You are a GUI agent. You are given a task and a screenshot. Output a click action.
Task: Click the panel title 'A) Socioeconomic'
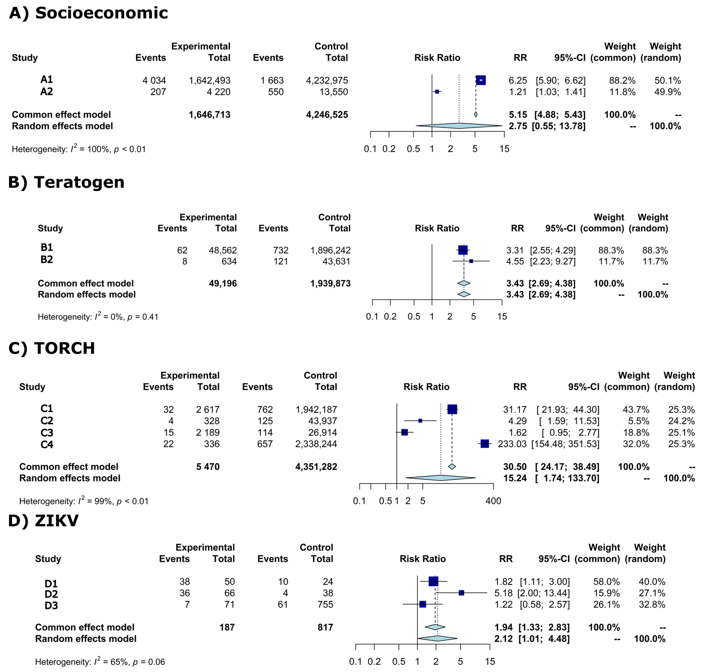(88, 13)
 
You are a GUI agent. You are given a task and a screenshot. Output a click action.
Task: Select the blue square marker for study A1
(480, 80)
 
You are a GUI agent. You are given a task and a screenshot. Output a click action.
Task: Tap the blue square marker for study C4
(484, 444)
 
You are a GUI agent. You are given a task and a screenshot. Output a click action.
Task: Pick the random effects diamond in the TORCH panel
(441, 478)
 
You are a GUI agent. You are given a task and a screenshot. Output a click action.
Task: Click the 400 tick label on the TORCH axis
(493, 501)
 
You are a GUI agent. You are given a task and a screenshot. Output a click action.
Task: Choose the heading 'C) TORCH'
(52, 348)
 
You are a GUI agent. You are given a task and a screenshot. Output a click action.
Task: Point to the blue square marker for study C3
(404, 432)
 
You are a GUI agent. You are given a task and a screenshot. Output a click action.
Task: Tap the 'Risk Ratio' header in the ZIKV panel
(422, 559)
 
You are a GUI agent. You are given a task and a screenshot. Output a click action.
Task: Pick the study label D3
(51, 605)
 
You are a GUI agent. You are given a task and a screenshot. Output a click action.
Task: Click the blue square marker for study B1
(462, 250)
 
